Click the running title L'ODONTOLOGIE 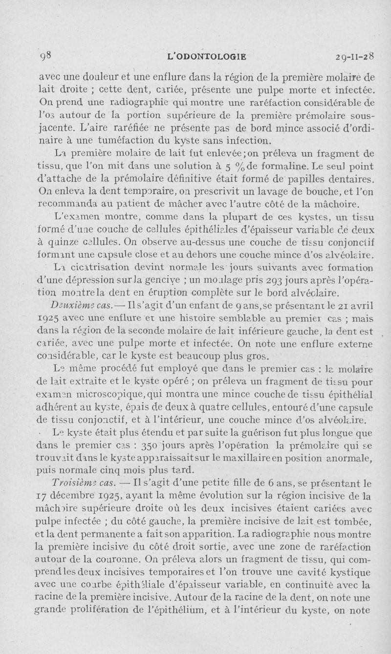(x=206, y=57)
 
